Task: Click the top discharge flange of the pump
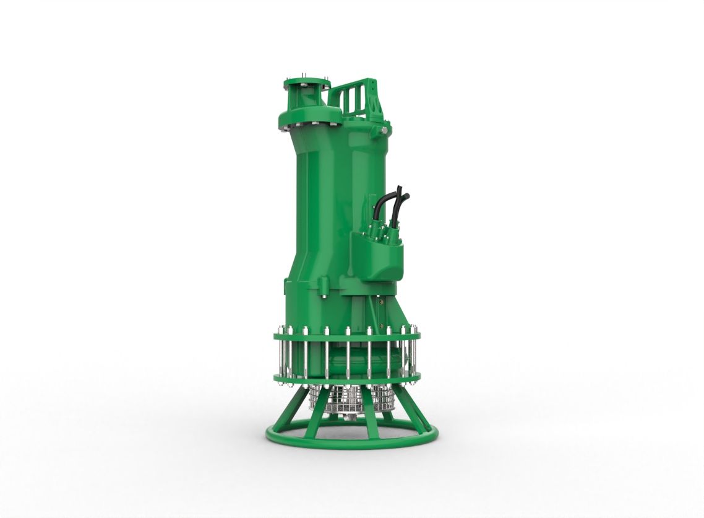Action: [307, 83]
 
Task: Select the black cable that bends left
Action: [385, 204]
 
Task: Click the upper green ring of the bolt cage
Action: [346, 337]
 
